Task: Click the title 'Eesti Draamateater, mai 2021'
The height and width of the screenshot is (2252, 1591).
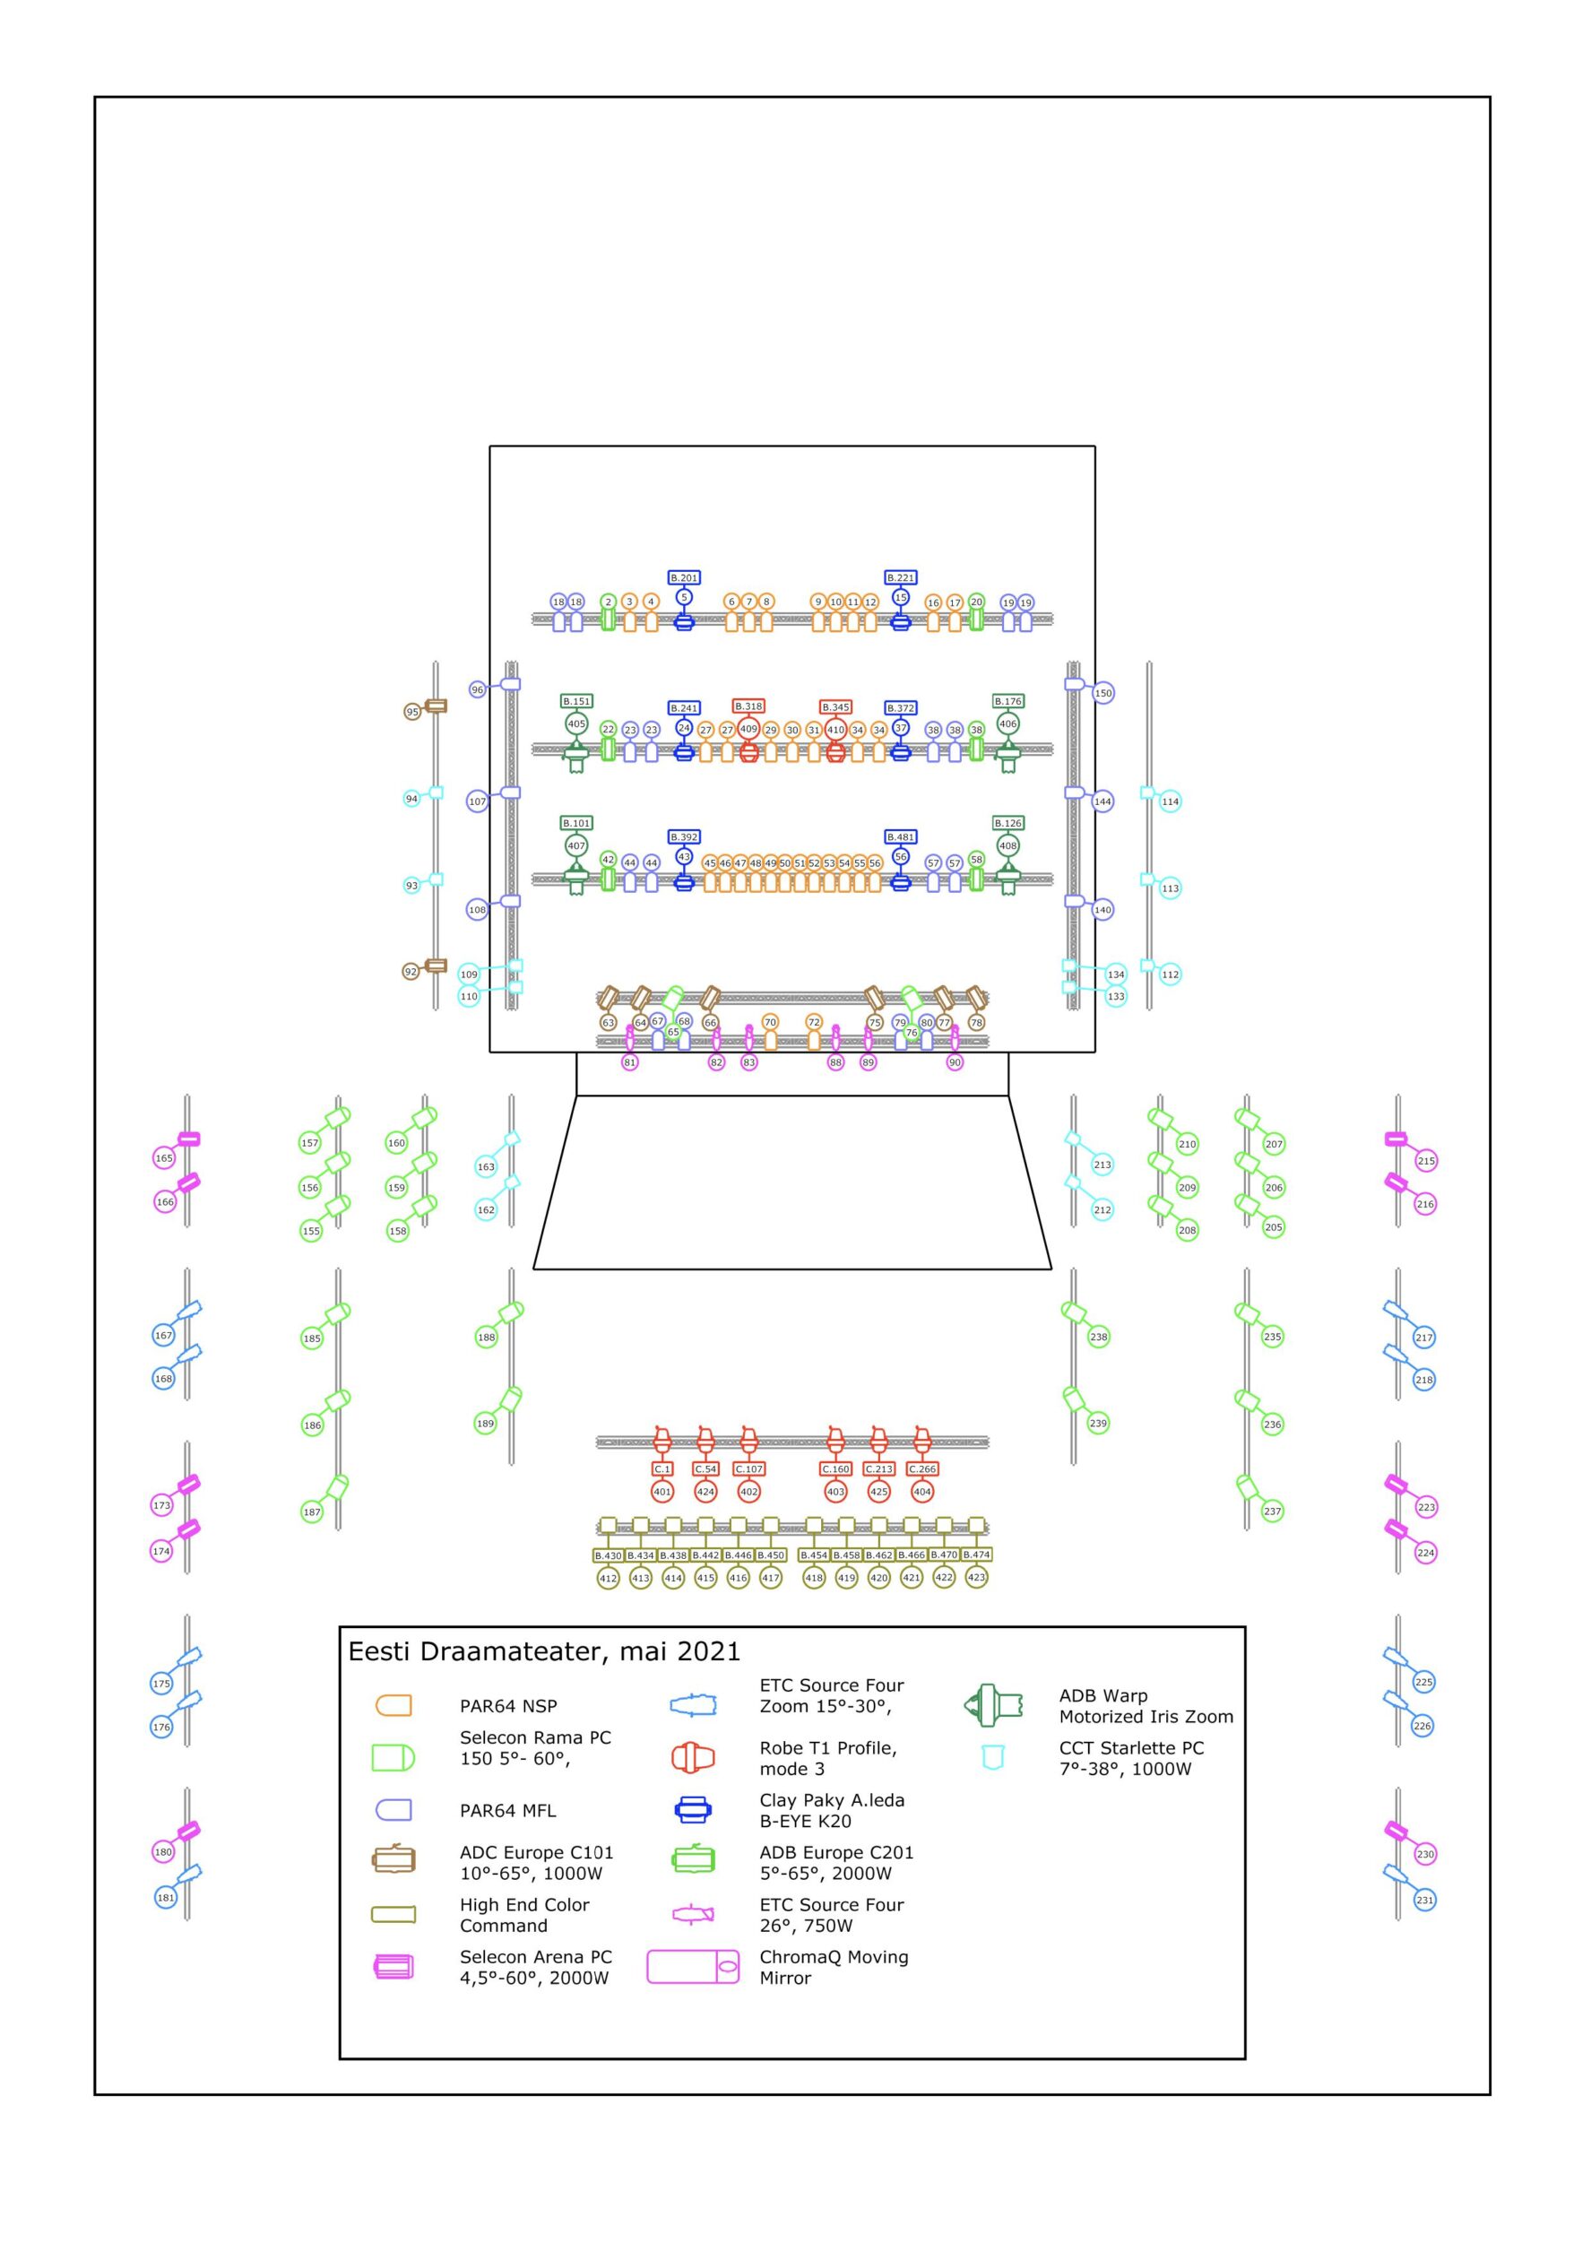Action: pyautogui.click(x=543, y=1651)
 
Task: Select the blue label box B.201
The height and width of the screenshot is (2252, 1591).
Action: pyautogui.click(x=684, y=577)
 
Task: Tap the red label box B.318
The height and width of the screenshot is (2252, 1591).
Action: pyautogui.click(x=748, y=706)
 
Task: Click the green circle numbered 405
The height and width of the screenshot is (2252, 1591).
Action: pyautogui.click(x=576, y=723)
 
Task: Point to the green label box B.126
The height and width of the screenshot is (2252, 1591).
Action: pyautogui.click(x=1007, y=823)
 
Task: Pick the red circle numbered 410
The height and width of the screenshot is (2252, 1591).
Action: pyautogui.click(x=835, y=729)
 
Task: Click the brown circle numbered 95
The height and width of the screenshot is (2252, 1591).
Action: pyautogui.click(x=413, y=711)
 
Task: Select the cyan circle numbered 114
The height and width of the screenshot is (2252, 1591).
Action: pyautogui.click(x=1171, y=801)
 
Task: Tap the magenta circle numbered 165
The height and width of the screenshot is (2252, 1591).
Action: pyautogui.click(x=164, y=1158)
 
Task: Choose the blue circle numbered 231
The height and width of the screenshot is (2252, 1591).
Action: pyautogui.click(x=1424, y=1900)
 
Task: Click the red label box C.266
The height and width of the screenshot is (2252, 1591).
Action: pyautogui.click(x=922, y=1468)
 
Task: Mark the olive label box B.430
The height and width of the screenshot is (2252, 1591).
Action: pyautogui.click(x=608, y=1555)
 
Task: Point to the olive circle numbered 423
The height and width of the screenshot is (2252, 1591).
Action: pyautogui.click(x=976, y=1577)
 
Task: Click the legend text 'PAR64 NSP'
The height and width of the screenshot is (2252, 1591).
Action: pyautogui.click(x=508, y=1706)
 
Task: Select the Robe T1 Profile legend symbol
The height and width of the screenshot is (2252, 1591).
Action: pyautogui.click(x=693, y=1758)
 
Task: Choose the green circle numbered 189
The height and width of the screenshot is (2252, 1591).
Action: pyautogui.click(x=486, y=1424)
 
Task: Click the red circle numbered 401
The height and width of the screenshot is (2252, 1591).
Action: pyautogui.click(x=663, y=1491)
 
